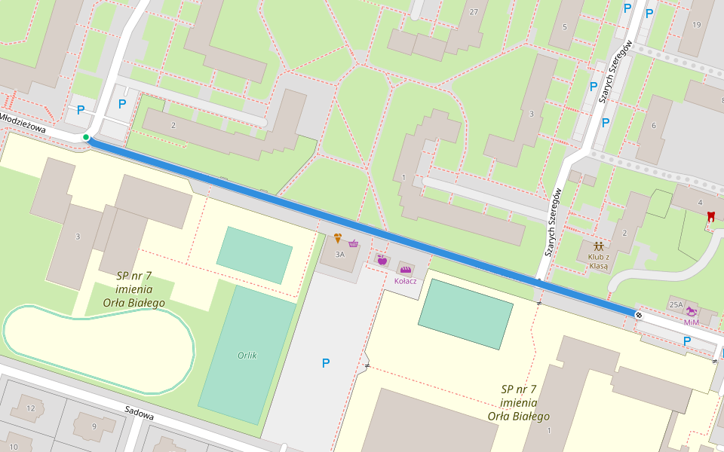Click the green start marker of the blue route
click(87, 137)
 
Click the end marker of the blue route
click(639, 313)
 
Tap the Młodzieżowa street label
click(23, 124)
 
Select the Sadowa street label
click(140, 415)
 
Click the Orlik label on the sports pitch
click(247, 356)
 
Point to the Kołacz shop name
click(406, 281)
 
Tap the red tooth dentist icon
click(710, 216)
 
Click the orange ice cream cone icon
click(338, 239)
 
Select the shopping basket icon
click(353, 243)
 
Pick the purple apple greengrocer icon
click(382, 261)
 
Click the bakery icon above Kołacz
click(406, 269)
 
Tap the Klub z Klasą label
click(598, 261)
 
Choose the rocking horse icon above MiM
click(691, 310)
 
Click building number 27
click(474, 12)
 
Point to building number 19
click(695, 25)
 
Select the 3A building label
click(339, 254)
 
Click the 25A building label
click(676, 304)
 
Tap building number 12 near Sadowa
click(31, 408)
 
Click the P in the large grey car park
click(326, 363)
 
